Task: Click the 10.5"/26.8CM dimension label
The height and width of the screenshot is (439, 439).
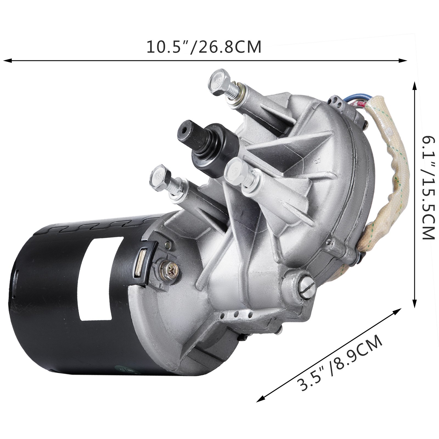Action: point(204,47)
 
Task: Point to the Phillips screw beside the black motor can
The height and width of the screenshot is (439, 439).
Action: point(167,266)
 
